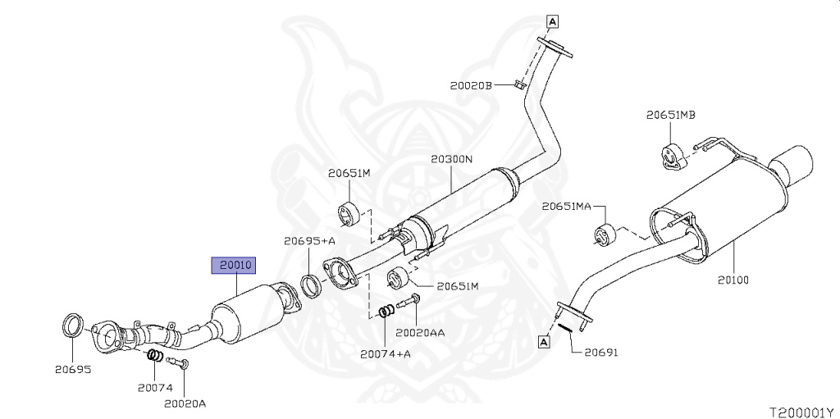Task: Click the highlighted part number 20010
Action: (235, 265)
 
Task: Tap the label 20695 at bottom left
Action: (73, 370)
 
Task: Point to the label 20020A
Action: (185, 403)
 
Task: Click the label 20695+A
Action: (310, 241)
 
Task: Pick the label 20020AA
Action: (420, 334)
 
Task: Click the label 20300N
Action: (452, 158)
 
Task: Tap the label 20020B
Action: (471, 84)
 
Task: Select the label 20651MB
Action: (670, 116)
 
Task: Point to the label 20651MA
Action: (566, 207)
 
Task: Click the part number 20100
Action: (733, 280)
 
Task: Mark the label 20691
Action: (600, 353)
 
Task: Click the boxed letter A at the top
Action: (552, 21)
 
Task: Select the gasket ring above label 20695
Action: (73, 326)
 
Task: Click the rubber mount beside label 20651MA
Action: (605, 234)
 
